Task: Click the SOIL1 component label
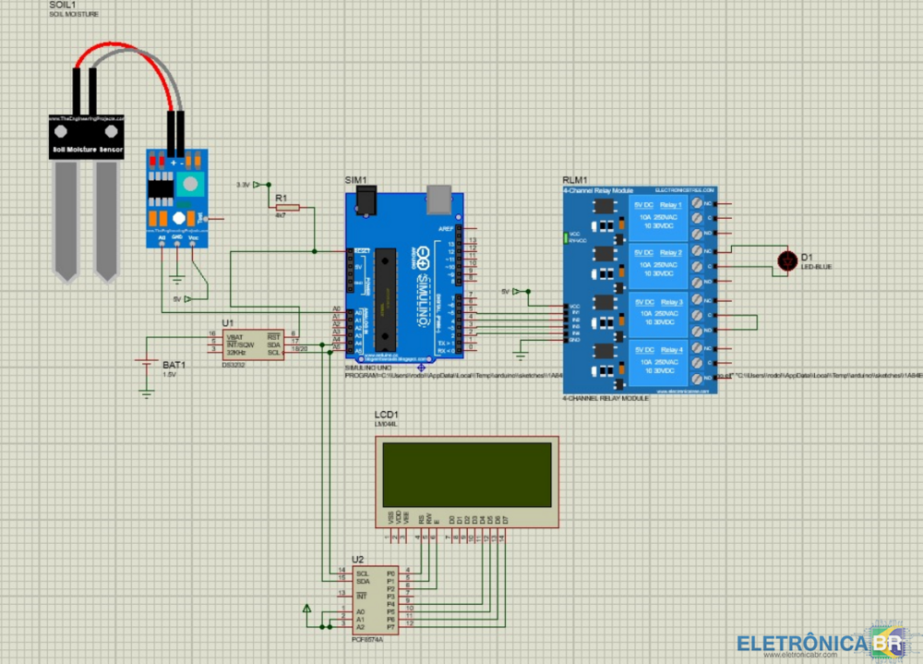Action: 62,6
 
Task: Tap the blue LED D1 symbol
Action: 786,261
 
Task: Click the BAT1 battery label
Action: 174,365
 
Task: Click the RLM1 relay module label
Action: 574,180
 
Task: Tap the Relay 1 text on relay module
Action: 671,204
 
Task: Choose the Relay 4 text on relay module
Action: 671,350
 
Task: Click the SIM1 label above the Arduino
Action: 355,179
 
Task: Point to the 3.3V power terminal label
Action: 243,185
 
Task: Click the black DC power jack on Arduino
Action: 367,199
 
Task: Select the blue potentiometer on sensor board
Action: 191,183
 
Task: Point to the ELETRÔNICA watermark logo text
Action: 803,643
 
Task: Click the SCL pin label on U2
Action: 362,573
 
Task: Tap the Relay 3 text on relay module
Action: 671,302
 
